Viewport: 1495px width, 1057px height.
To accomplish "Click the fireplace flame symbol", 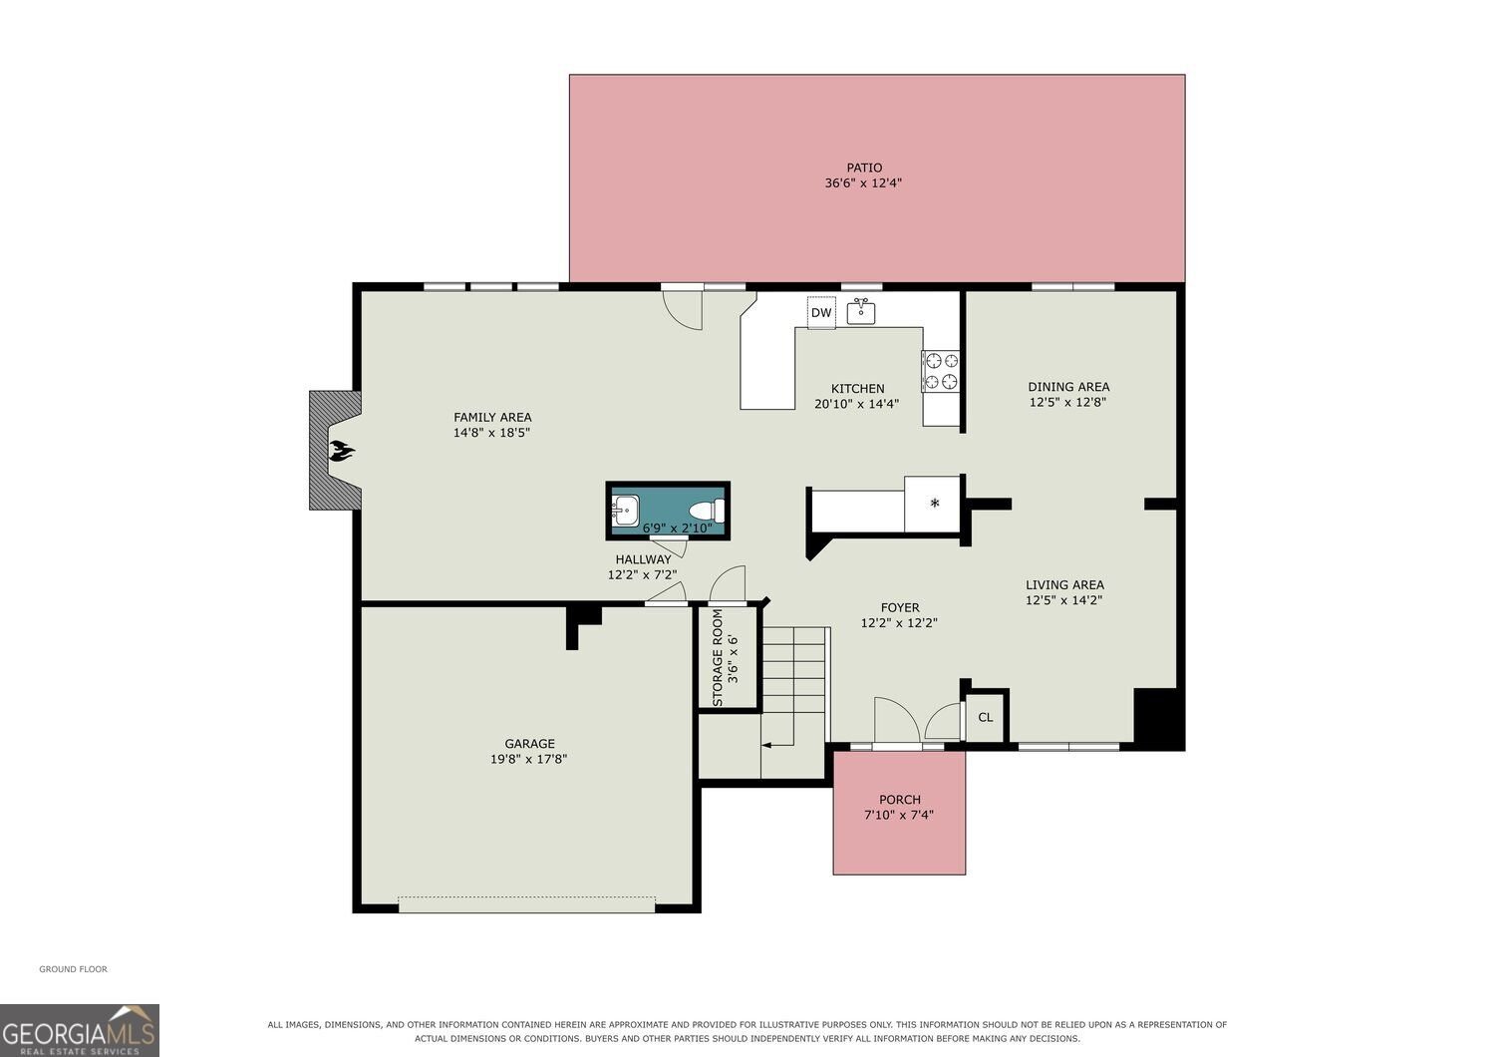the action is point(342,451).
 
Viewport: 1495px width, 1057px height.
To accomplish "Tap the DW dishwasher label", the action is point(821,312).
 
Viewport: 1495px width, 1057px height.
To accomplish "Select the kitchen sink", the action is point(861,311).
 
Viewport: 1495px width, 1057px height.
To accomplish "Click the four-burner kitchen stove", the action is point(941,371).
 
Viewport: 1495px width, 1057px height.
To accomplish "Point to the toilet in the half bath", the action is point(707,511).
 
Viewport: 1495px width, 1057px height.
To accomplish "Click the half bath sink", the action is point(625,511).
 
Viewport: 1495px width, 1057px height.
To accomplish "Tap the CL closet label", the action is point(985,718).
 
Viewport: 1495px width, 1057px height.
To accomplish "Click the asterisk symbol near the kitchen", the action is point(935,504).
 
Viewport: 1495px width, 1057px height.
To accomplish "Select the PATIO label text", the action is point(864,168).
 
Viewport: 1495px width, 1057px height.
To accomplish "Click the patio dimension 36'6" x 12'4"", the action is point(863,182).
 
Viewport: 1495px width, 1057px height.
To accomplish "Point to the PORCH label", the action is point(900,800).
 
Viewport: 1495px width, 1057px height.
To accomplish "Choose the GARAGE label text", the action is point(529,743).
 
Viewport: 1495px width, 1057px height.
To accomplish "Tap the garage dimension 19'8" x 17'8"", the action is point(528,759).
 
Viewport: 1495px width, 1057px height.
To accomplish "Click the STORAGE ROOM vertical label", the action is point(718,658).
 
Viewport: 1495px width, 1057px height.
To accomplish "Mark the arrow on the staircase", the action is point(777,745).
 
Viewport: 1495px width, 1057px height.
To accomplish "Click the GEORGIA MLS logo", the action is point(80,1030).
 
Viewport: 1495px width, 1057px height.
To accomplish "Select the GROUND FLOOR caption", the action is point(74,969).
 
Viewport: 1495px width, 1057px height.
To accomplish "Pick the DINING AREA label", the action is point(1068,387).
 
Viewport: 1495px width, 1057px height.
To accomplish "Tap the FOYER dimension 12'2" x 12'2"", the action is point(899,623).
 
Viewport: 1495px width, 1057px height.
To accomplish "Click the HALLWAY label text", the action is point(643,559).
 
